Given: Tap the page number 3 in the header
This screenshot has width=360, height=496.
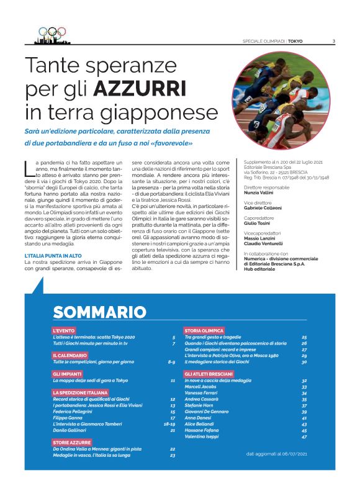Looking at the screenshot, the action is (x=333, y=42).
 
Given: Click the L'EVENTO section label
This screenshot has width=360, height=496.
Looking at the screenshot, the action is (x=64, y=330).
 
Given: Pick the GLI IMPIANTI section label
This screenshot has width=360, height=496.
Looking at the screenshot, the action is (x=67, y=374).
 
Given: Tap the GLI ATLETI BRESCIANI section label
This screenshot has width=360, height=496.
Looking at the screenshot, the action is (x=209, y=374).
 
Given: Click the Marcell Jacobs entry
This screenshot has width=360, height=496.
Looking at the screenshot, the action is (x=200, y=387).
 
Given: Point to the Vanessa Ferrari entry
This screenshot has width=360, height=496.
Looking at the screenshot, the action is (x=201, y=393).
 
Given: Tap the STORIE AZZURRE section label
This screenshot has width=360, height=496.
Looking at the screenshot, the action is (x=71, y=442).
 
